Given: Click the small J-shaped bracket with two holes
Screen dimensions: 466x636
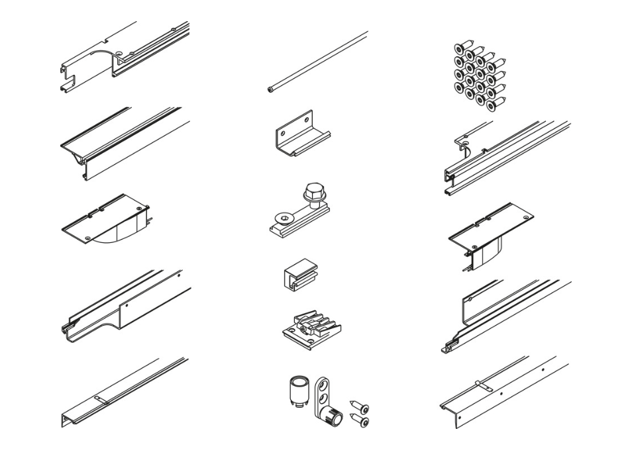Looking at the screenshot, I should pos(302,134).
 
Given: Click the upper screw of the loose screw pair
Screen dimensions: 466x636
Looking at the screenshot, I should pos(360,408).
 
